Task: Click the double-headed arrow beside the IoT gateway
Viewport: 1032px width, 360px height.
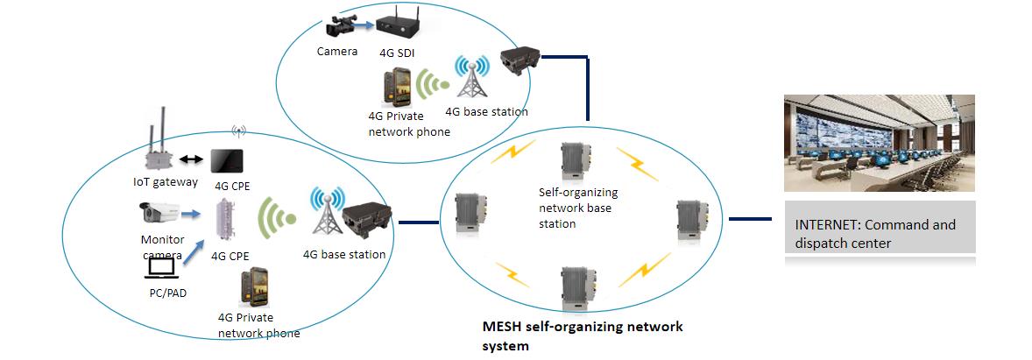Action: pos(191,159)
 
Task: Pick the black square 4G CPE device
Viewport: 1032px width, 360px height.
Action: pos(227,160)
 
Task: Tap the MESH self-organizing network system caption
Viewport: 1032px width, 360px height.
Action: pos(583,335)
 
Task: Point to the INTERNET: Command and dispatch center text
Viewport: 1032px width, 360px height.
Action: pos(874,234)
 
